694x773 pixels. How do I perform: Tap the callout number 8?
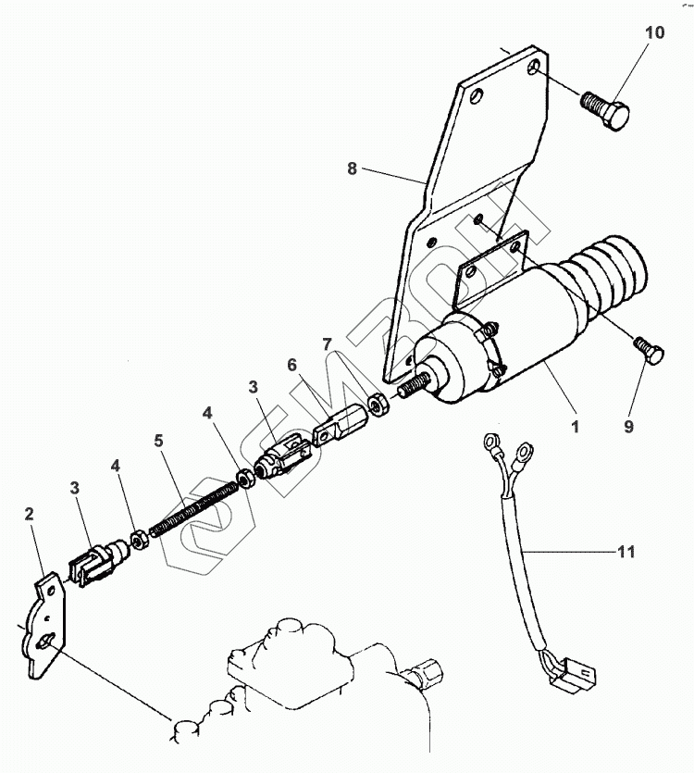[x=352, y=168]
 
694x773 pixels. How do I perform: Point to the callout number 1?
[x=575, y=429]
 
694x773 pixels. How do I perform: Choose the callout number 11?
[x=626, y=553]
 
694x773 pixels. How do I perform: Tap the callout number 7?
[x=326, y=345]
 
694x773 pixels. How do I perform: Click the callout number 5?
[x=159, y=442]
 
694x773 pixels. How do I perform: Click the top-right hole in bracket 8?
[x=535, y=69]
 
